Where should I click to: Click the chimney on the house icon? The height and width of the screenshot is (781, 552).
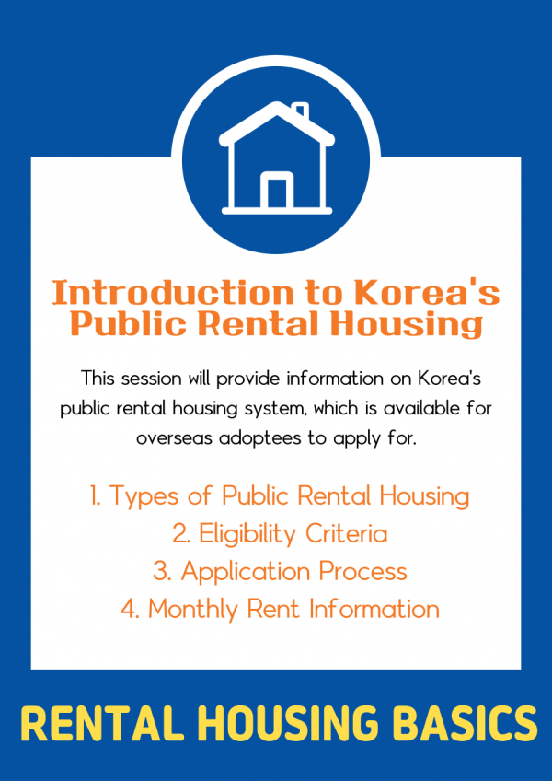click(300, 111)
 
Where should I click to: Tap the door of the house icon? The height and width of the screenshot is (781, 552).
click(277, 192)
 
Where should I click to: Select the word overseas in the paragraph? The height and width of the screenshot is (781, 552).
click(174, 439)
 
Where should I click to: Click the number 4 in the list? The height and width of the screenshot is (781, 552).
click(130, 609)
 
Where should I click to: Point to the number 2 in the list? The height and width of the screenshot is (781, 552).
click(180, 534)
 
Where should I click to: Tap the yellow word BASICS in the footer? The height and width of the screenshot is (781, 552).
click(469, 724)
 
